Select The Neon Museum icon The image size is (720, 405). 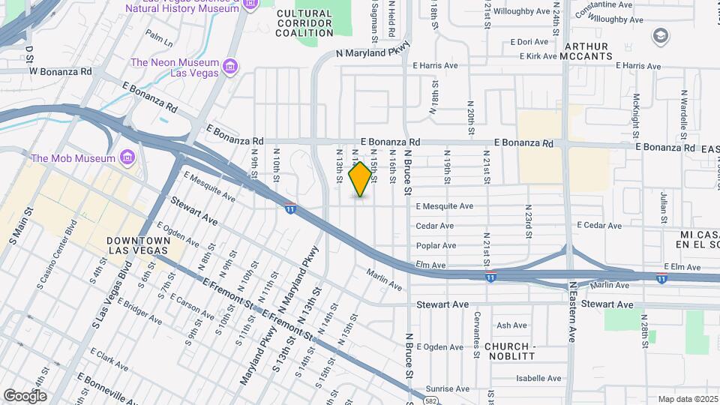coord(230,67)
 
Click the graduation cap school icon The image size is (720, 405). coord(660,35)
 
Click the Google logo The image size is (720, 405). coord(25,395)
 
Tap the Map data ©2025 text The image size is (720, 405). coord(688,399)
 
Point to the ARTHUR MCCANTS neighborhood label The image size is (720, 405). coord(596,51)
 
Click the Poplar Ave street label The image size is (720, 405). coord(436,245)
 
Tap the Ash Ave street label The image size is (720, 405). coord(512,325)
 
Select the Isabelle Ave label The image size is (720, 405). coord(523,378)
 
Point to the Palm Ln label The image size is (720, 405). coord(159,35)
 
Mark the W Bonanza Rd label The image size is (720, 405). coord(60,72)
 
